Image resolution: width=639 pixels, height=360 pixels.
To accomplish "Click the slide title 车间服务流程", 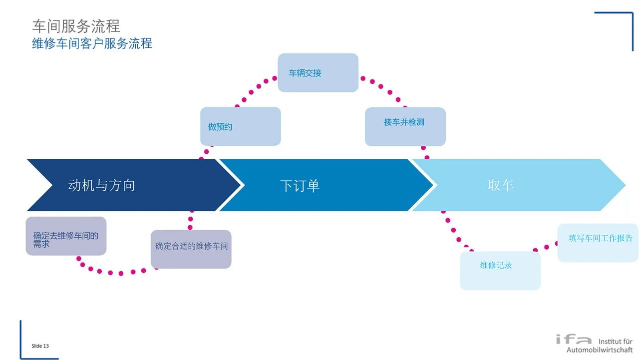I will pyautogui.click(x=76, y=26).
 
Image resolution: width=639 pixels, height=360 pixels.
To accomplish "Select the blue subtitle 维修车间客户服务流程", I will pyautogui.click(x=92, y=43).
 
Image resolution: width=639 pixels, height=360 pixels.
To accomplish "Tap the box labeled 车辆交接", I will pyautogui.click(x=318, y=73).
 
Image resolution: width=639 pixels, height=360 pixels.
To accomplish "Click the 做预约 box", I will pyautogui.click(x=240, y=126).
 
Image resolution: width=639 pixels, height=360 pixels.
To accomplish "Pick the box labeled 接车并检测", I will pyautogui.click(x=405, y=126).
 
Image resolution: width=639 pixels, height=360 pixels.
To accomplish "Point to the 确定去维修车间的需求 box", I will pyautogui.click(x=66, y=236).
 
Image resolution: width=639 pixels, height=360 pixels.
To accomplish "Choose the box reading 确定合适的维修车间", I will pyautogui.click(x=191, y=249).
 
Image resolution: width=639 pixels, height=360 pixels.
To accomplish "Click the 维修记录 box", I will pyautogui.click(x=500, y=270).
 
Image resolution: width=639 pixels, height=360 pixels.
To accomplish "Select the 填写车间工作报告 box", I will pyautogui.click(x=598, y=243).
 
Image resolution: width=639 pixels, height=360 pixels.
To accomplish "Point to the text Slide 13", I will pyautogui.click(x=40, y=346).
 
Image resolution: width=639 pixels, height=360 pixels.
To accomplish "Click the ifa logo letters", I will pyautogui.click(x=574, y=340).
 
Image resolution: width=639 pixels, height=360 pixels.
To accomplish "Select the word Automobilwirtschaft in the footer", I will pyautogui.click(x=599, y=350).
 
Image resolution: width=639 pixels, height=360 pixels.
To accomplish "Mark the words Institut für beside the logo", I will pyautogui.click(x=615, y=342).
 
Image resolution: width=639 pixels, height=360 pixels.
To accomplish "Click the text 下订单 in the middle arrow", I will pyautogui.click(x=300, y=186).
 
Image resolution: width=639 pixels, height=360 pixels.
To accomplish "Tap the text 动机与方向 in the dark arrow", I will pyautogui.click(x=101, y=186).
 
